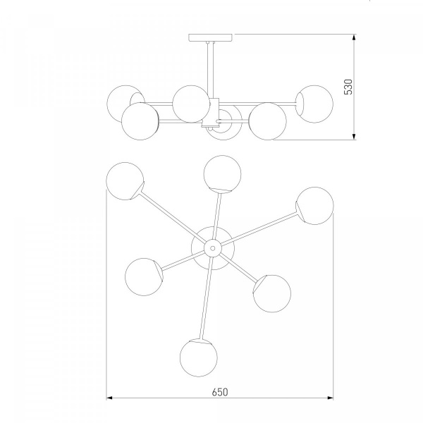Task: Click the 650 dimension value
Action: (x=220, y=392)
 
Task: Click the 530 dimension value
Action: (x=348, y=87)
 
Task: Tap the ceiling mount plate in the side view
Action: (x=210, y=37)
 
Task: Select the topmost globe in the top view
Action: (x=222, y=174)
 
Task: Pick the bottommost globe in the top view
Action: (x=199, y=357)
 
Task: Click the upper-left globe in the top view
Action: (x=125, y=181)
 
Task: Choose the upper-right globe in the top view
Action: (x=315, y=206)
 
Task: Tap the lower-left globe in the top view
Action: (x=144, y=277)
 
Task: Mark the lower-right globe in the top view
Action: (x=272, y=294)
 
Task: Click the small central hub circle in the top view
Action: (x=213, y=248)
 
